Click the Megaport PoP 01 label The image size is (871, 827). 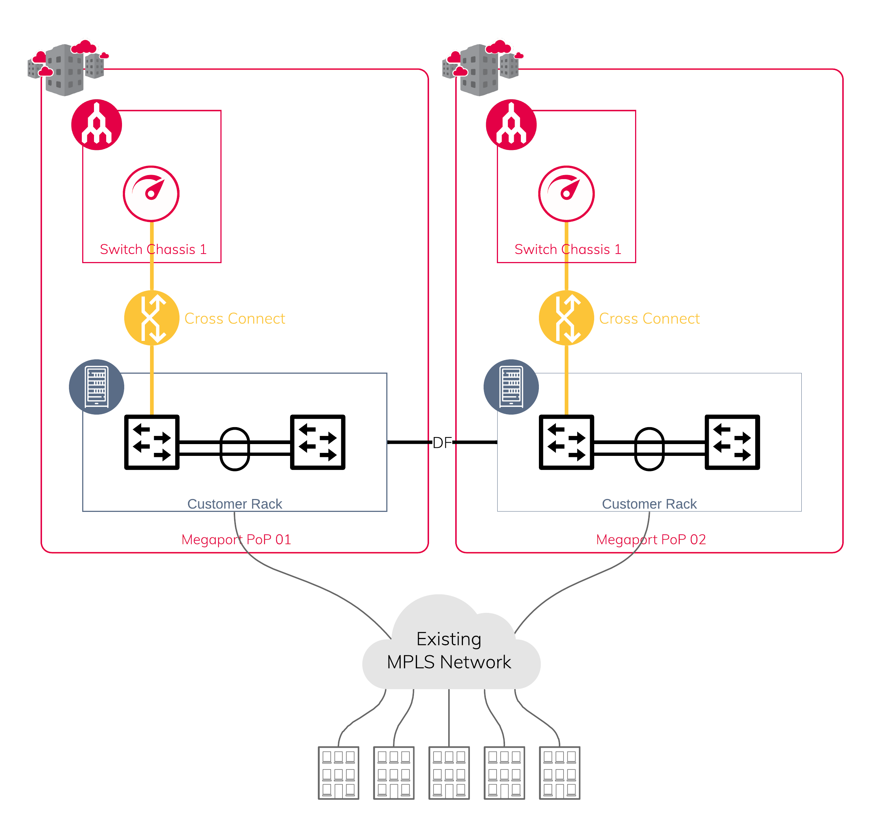point(236,539)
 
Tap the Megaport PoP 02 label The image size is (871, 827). point(651,539)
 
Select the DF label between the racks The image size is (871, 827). point(442,442)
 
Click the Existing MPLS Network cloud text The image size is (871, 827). point(449,650)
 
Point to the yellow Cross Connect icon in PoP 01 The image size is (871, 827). point(151,318)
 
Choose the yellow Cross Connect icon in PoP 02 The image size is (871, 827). point(567,318)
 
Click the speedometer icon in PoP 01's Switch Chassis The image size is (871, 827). point(151,193)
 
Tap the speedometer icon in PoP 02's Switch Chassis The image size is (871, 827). point(567,193)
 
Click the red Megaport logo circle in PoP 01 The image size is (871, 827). point(97,125)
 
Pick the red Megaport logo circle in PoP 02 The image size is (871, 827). point(511,125)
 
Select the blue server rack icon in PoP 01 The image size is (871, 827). point(97,387)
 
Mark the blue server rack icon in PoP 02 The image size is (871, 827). point(511,387)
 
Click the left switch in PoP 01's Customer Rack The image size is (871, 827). point(151,442)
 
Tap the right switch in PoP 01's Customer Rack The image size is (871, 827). point(317,442)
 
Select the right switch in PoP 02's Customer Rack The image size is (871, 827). point(732,442)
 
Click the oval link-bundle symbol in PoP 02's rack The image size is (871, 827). point(649,449)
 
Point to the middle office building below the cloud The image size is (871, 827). point(449,773)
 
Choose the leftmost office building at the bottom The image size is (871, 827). point(338,773)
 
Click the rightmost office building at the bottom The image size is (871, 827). point(560,773)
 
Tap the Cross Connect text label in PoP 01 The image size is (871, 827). point(234,318)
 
